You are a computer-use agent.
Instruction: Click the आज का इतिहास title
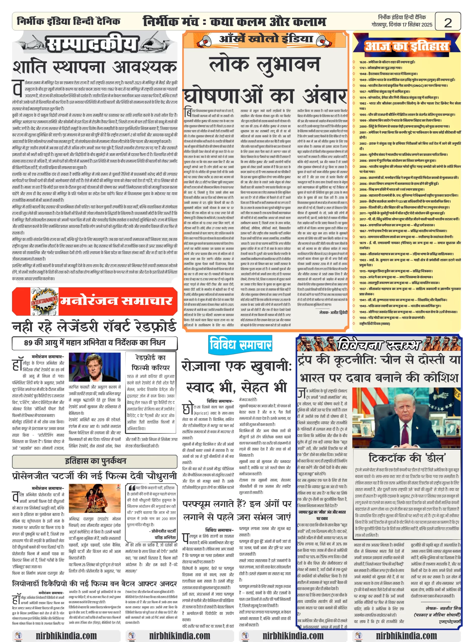[406, 46]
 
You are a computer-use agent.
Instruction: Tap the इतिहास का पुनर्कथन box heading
[95, 461]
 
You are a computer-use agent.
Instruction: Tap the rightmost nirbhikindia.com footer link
[406, 635]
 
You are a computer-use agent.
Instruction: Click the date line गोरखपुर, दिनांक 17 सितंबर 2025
[401, 25]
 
